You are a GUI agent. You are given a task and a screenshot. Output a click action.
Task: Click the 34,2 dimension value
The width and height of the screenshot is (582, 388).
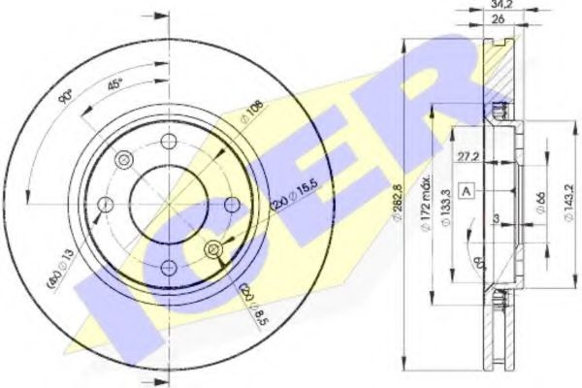(502, 6)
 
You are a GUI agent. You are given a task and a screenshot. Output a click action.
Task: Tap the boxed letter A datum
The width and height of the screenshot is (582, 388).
(468, 189)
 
